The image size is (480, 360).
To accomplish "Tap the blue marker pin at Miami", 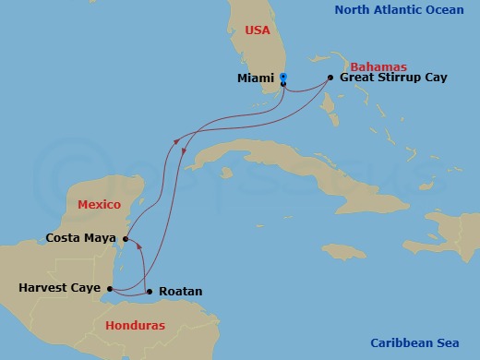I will pyautogui.click(x=283, y=78).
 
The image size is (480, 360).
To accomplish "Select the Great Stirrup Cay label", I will pyautogui.click(x=393, y=78).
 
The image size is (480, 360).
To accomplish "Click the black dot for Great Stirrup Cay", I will pyautogui.click(x=330, y=78).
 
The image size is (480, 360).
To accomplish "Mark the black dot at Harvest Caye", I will pyautogui.click(x=109, y=289).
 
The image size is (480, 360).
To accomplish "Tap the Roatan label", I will pyautogui.click(x=181, y=292).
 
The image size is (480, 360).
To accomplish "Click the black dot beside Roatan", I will pyautogui.click(x=150, y=292).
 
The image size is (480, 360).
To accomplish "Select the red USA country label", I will pyautogui.click(x=258, y=30).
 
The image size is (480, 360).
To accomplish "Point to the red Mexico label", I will pyautogui.click(x=100, y=203).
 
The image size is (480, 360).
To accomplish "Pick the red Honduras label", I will pyautogui.click(x=136, y=326).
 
